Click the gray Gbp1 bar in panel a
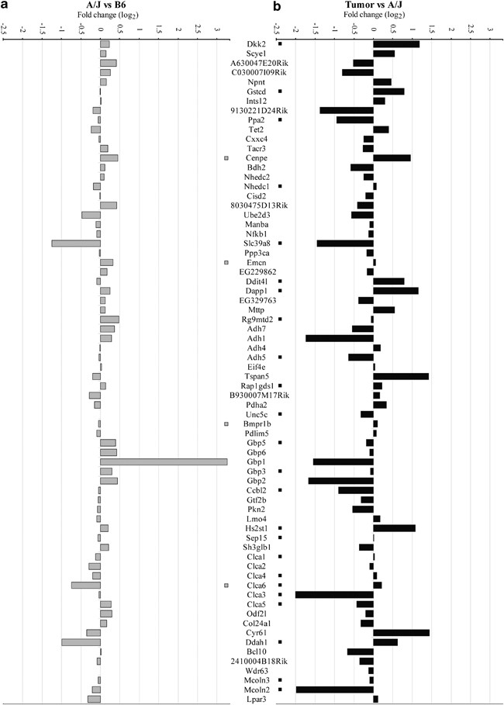[164, 461]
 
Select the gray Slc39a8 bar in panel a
[76, 244]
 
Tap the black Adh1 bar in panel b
[340, 338]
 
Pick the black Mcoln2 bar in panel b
[335, 689]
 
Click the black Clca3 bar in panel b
[335, 595]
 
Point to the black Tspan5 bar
[401, 376]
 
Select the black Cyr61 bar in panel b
[401, 633]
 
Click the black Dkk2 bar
[396, 44]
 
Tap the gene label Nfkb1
[259, 234]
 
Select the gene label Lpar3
[259, 699]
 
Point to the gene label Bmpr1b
[259, 424]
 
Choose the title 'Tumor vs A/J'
[374, 6]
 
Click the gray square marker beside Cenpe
[226, 158]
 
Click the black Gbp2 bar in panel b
[340, 481]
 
